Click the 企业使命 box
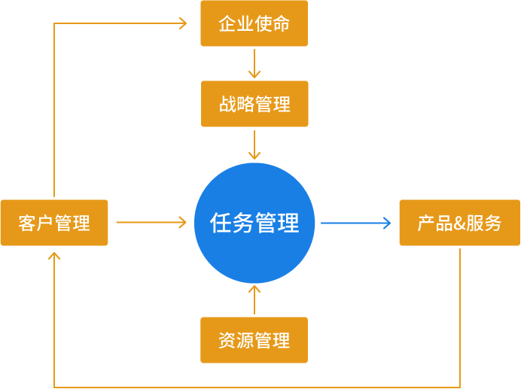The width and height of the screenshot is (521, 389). pos(254,23)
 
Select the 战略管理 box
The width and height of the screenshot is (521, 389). pos(254,104)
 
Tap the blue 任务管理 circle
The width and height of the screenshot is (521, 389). pos(254,223)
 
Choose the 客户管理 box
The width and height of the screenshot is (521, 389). pos(54,223)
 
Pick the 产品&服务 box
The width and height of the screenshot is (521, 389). pos(459,223)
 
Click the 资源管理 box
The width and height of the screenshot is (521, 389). pos(254,340)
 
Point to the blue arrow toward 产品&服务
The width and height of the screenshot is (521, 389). pos(355,223)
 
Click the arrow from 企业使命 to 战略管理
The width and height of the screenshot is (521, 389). pos(254,63)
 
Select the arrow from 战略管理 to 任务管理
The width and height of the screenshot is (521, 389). pos(254,144)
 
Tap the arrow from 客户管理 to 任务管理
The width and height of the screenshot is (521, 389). pos(151,223)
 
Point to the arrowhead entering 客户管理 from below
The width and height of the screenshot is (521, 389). pos(54,256)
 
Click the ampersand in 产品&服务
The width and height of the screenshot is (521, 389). pos(459,223)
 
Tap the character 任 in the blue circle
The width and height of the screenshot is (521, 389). pos(221,223)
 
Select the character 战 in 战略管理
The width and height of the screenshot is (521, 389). pos(227,104)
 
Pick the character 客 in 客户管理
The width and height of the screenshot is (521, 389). pos(27,223)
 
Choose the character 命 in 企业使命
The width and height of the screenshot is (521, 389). pos(281,23)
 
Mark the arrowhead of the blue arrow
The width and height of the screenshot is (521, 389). pos(387,223)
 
